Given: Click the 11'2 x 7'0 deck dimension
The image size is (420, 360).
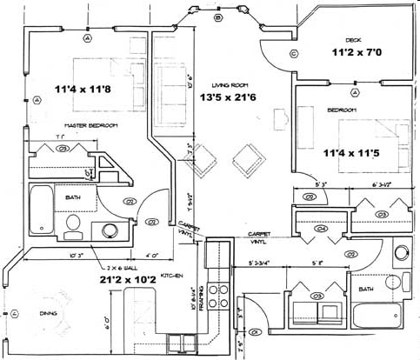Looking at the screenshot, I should click(356, 52).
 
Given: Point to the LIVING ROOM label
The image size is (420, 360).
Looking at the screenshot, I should click(230, 85).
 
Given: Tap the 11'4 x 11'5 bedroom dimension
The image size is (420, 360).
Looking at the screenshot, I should click(351, 153).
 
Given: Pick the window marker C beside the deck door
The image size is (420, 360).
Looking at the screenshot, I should click(294, 54).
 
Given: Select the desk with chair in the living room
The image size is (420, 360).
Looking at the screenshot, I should click(280, 119).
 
